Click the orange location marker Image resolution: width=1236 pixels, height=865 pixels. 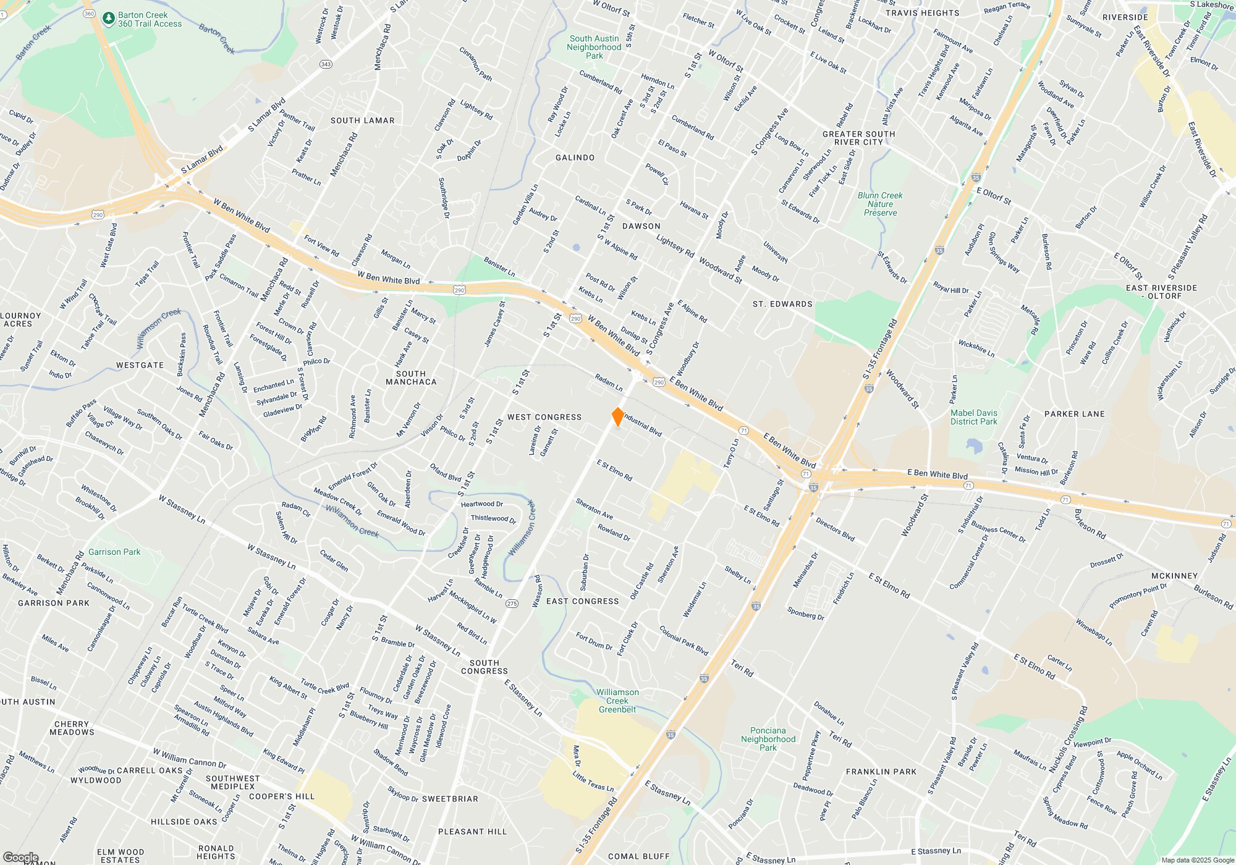pyautogui.click(x=617, y=416)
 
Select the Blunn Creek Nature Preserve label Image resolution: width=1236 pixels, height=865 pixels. pyautogui.click(x=880, y=204)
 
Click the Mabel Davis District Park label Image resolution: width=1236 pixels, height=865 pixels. pyautogui.click(x=974, y=417)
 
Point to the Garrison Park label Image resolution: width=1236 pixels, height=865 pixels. pyautogui.click(x=114, y=552)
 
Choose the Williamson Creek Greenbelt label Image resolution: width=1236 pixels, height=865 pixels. pyautogui.click(x=617, y=701)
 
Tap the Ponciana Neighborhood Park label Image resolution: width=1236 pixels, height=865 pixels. pyautogui.click(x=768, y=739)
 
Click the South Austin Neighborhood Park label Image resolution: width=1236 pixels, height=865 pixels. pyautogui.click(x=594, y=47)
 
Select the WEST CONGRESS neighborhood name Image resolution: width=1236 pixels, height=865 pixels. pyautogui.click(x=544, y=417)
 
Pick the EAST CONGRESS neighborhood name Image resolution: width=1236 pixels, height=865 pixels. pyautogui.click(x=582, y=601)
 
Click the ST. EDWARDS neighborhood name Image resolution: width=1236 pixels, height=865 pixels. pyautogui.click(x=782, y=304)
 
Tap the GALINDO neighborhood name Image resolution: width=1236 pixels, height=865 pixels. pyautogui.click(x=575, y=158)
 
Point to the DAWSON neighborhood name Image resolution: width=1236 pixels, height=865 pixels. pyautogui.click(x=641, y=226)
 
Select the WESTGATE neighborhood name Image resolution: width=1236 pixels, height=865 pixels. pyautogui.click(x=140, y=365)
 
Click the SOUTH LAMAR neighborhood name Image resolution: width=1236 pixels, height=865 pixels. pyautogui.click(x=362, y=120)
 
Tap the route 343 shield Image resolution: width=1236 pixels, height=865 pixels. pyautogui.click(x=326, y=64)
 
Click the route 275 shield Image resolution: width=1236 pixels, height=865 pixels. pyautogui.click(x=511, y=604)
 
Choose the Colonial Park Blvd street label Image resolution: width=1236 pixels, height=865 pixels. pyautogui.click(x=684, y=641)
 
